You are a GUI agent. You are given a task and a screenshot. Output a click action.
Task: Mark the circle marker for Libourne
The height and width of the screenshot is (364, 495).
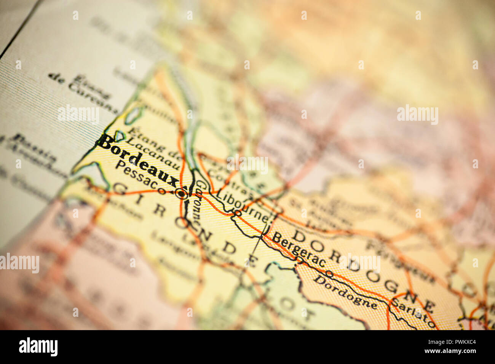237,214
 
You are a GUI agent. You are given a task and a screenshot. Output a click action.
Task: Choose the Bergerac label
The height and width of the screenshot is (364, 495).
299,249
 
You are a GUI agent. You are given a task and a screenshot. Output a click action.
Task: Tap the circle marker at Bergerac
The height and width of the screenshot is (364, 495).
300,260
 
